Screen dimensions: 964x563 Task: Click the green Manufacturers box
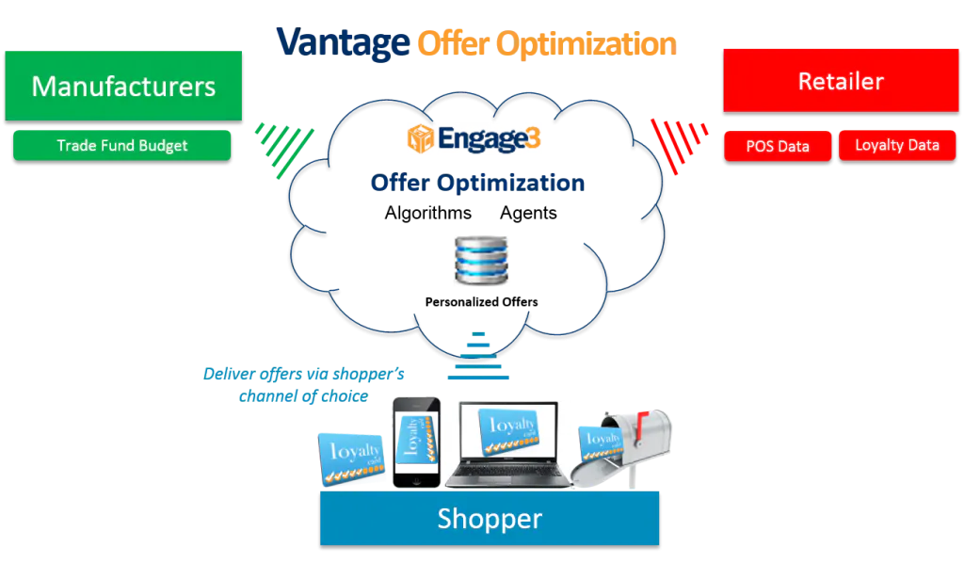pos(123,86)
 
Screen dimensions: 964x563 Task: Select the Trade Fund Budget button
pos(122,146)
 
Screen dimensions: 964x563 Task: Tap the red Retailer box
pos(841,81)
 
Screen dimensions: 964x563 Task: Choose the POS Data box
pos(778,146)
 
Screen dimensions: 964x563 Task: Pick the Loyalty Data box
pos(897,146)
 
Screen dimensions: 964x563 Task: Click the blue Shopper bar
pos(490,518)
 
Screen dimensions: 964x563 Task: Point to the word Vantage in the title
pos(343,43)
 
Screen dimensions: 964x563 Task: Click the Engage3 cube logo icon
pos(421,138)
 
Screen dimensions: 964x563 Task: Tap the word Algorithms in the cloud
pos(428,213)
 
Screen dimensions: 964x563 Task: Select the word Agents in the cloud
pos(528,214)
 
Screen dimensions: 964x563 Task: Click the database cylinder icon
pos(481,260)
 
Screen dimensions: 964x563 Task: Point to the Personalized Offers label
pos(481,302)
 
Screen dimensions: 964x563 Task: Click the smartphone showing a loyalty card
pos(417,442)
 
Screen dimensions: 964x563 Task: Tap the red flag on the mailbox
pos(640,425)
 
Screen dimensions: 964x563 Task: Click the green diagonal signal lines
pos(284,150)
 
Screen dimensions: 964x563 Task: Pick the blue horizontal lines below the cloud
pos(478,356)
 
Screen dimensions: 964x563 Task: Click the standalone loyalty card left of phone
pos(352,458)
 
